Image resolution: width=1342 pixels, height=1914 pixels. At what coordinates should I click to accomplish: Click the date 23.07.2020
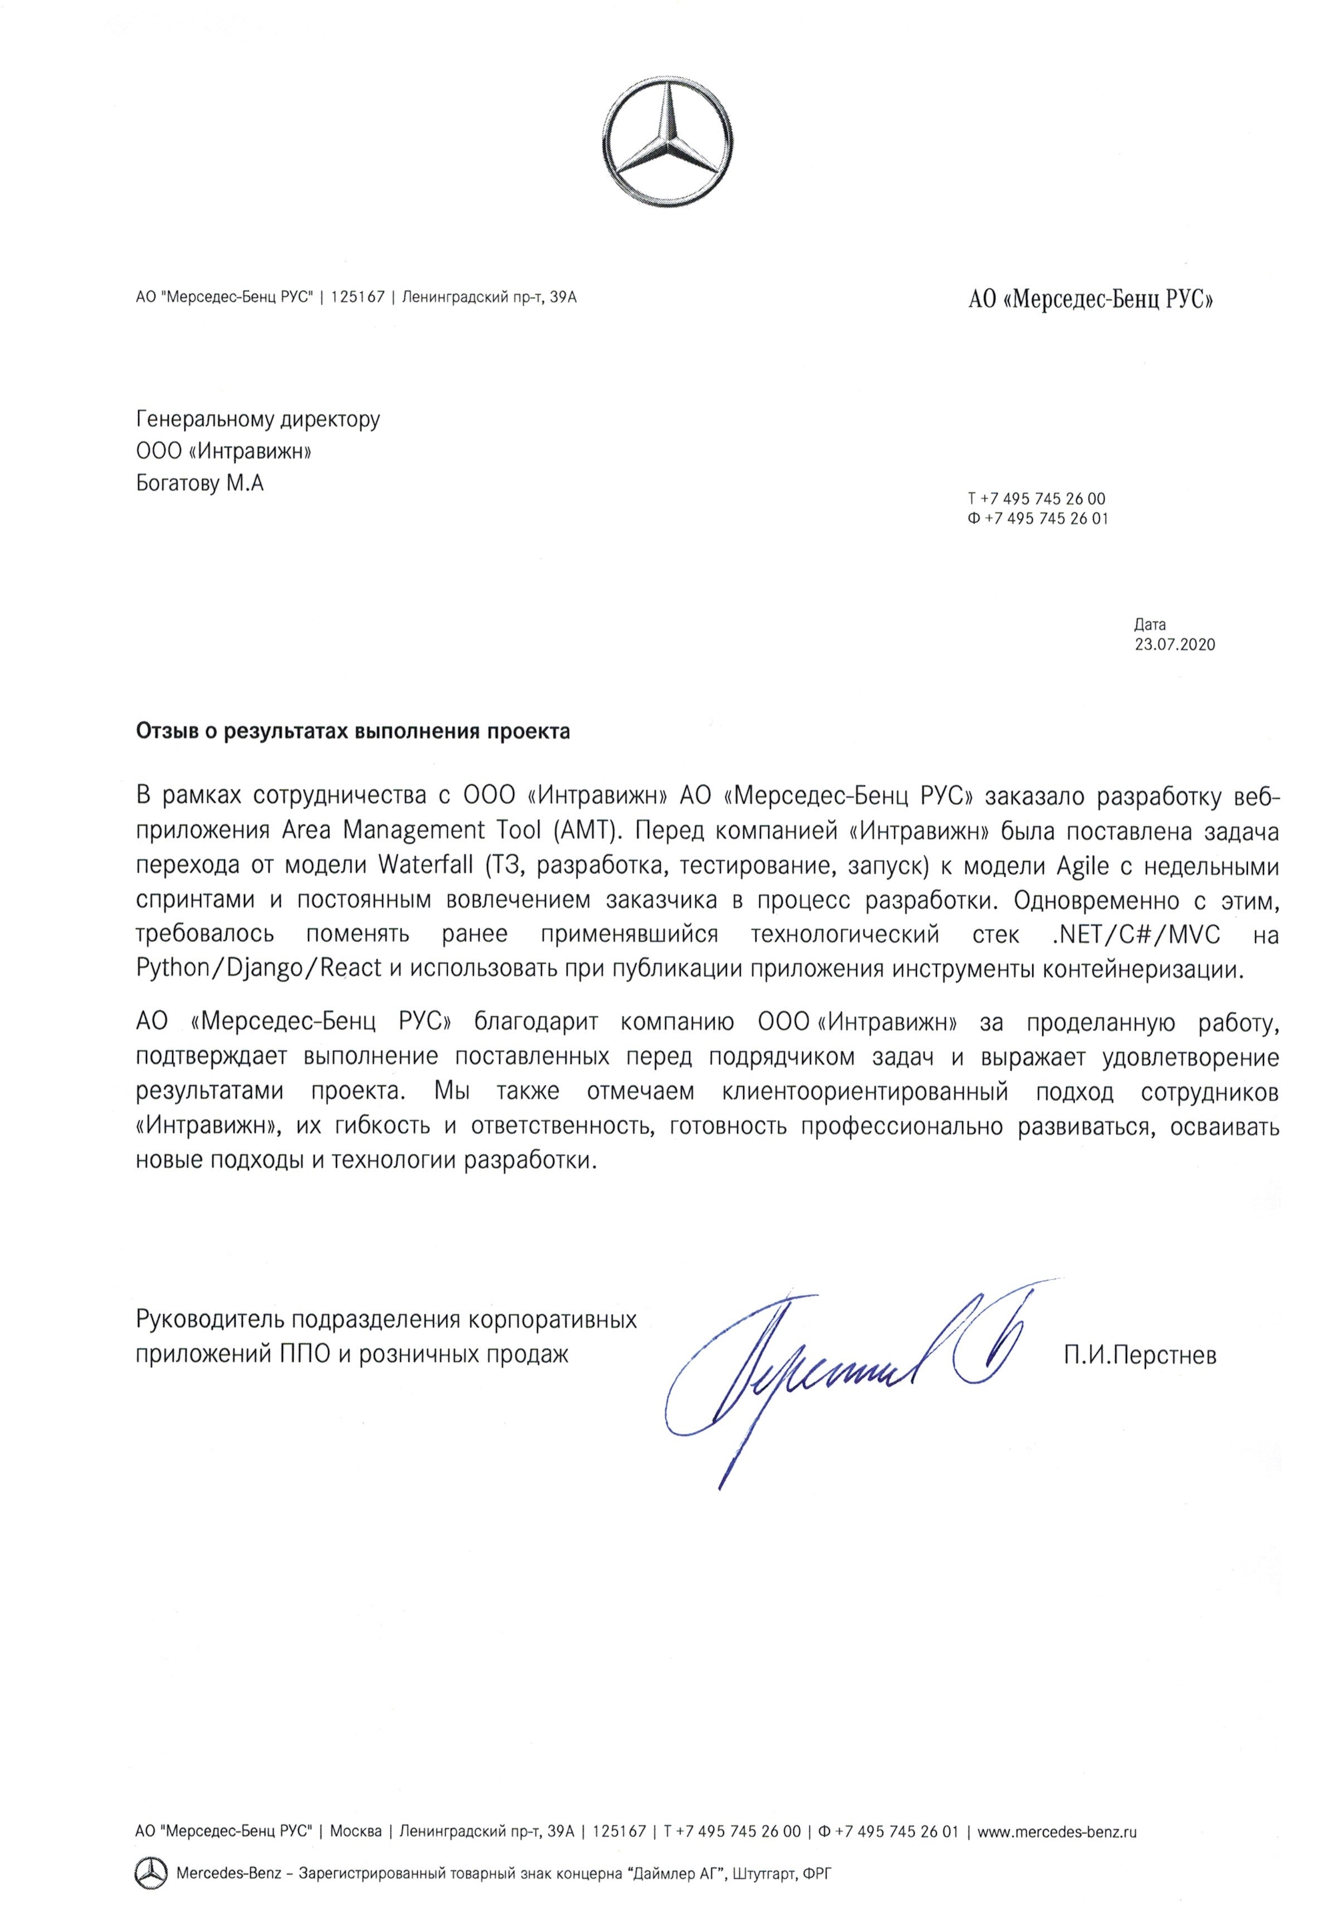tap(1174, 644)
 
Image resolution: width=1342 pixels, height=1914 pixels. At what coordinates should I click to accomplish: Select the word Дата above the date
tap(1149, 624)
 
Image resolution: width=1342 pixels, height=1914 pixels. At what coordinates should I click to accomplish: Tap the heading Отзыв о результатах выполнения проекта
tap(353, 732)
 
